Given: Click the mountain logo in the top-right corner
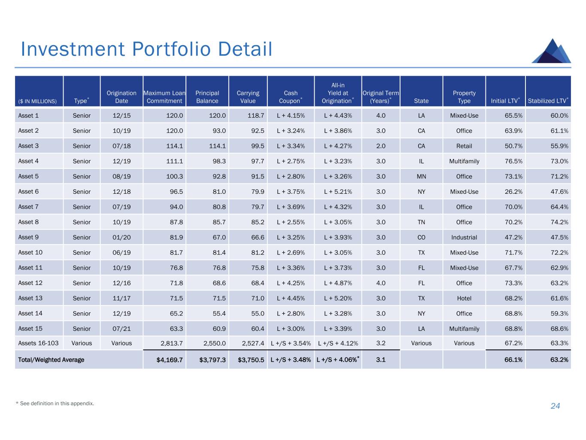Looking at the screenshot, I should click(x=551, y=51).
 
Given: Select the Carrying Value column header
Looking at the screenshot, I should click(x=248, y=97).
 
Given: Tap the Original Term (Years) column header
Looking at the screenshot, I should click(x=380, y=97).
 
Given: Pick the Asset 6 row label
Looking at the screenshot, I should click(x=28, y=192).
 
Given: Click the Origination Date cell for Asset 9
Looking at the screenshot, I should click(x=121, y=237).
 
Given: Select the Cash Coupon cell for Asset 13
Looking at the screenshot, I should click(x=291, y=298).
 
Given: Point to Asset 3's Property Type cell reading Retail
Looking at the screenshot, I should click(x=464, y=146).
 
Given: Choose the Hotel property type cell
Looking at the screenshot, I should click(x=464, y=298).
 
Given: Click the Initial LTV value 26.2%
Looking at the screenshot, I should click(x=513, y=192).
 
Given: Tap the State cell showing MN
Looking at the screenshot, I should click(x=421, y=177).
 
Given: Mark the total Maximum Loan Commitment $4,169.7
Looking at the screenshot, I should click(x=170, y=360).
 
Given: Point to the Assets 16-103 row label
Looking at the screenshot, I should click(x=38, y=343).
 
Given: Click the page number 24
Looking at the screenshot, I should click(x=555, y=406).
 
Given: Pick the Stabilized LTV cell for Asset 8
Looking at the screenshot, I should click(x=559, y=222).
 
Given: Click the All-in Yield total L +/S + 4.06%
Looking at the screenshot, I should click(x=337, y=360).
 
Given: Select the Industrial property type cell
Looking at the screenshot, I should click(x=464, y=237).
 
